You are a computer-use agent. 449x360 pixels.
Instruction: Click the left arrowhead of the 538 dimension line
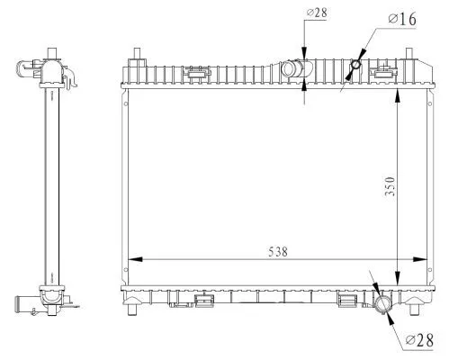click(131, 260)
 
